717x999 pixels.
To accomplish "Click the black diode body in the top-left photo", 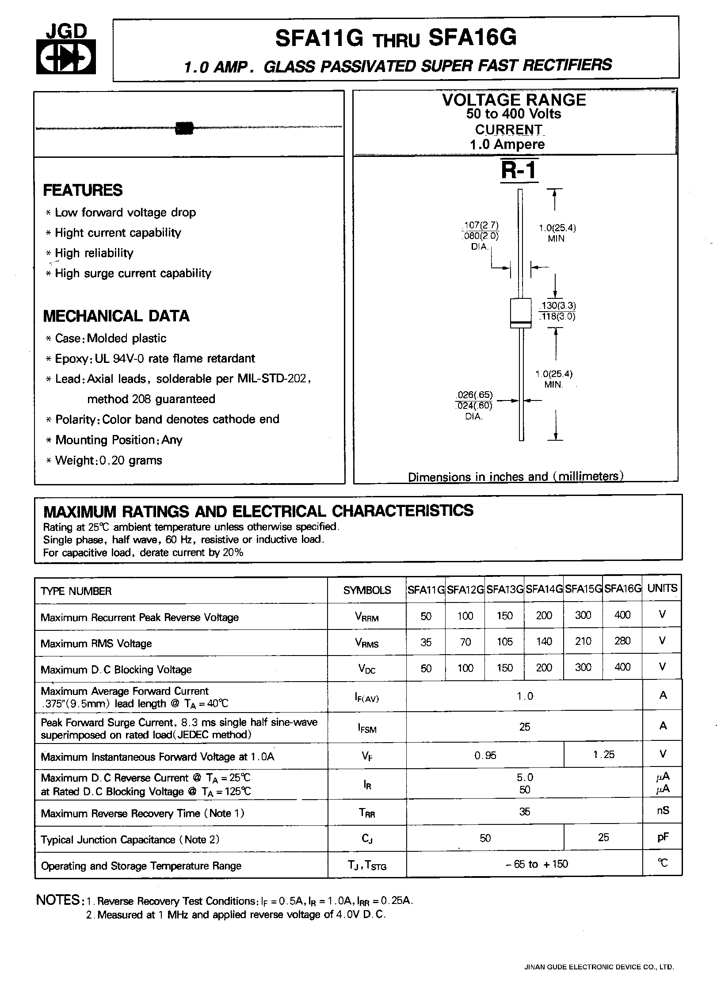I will click(x=185, y=128).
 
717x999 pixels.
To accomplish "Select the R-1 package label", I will click(x=519, y=170).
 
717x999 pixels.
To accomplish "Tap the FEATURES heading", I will click(x=83, y=190).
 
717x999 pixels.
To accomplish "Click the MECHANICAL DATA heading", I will click(x=116, y=316).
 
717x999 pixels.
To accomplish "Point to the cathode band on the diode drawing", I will click(x=520, y=325).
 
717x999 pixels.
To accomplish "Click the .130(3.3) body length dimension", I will click(x=557, y=305).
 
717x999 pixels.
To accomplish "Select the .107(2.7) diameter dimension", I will click(x=480, y=225).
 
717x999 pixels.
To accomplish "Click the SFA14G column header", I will click(x=544, y=589).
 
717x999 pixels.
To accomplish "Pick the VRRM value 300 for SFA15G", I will click(x=583, y=615).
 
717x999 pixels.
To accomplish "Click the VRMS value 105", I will click(x=504, y=641).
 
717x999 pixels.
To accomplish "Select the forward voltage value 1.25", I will click(x=603, y=755).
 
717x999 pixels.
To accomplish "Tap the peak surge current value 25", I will click(x=524, y=727).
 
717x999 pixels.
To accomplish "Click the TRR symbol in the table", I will click(x=367, y=812).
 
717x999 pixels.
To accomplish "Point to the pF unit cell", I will click(x=663, y=837).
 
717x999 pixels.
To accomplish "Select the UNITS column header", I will click(x=662, y=588).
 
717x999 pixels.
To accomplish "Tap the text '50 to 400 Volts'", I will click(x=514, y=114).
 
